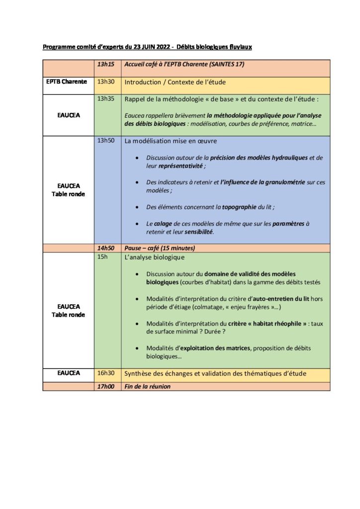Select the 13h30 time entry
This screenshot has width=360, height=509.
[105, 82]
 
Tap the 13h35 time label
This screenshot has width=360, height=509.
[105, 99]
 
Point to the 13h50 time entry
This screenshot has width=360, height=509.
[105, 141]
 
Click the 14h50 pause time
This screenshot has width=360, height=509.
[105, 248]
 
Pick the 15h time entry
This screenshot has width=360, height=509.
[102, 257]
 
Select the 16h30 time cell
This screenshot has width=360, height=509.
[105, 373]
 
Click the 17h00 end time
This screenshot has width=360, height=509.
[105, 386]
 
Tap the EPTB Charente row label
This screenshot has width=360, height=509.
[67, 82]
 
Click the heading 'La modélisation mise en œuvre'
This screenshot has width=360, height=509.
[171, 141]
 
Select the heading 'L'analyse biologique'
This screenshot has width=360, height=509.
[154, 257]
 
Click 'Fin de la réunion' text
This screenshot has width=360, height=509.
[147, 386]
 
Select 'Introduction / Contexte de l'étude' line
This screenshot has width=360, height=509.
[181, 82]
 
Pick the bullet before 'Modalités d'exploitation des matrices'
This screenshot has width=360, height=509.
[137, 348]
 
